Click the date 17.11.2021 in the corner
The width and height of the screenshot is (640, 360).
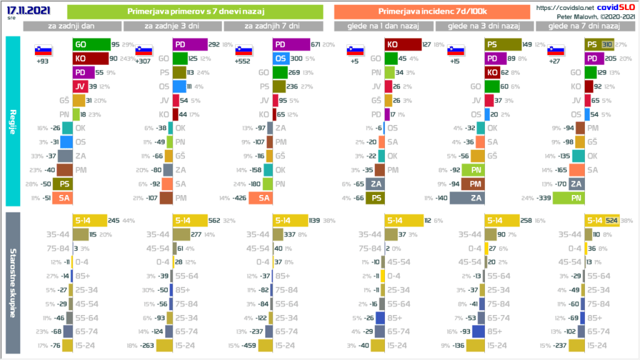pos(22,9)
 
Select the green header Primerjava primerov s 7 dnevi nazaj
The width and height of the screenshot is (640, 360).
pos(194,12)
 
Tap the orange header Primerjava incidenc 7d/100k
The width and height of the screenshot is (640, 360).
pos(431,12)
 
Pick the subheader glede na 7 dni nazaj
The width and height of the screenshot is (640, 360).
pos(583,26)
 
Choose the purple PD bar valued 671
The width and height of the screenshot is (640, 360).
pos(291,44)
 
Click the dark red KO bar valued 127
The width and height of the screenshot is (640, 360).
pos(402,44)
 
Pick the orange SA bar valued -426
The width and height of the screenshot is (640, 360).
pos(258,198)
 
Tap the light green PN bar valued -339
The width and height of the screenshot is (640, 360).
pos(568,198)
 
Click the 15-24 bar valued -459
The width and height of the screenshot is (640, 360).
pos(265,345)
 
